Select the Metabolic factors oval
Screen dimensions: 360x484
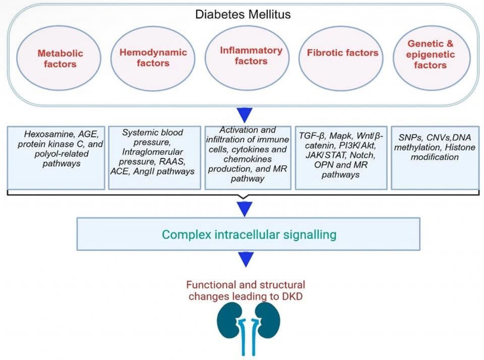click(60, 58)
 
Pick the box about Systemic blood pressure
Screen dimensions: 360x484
click(152, 158)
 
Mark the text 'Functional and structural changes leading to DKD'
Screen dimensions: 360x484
click(246, 291)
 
